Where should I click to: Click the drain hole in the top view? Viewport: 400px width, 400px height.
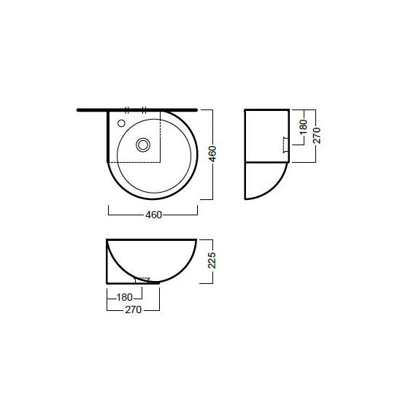pos(142,144)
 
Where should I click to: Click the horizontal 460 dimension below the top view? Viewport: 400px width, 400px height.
pos(153,215)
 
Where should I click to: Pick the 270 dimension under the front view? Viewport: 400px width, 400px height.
pos(131,309)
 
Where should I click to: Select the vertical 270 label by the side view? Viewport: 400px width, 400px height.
pos(316,135)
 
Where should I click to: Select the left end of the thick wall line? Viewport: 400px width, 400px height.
pos(78,109)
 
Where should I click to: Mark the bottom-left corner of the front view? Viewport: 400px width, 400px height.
pos(108,282)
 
